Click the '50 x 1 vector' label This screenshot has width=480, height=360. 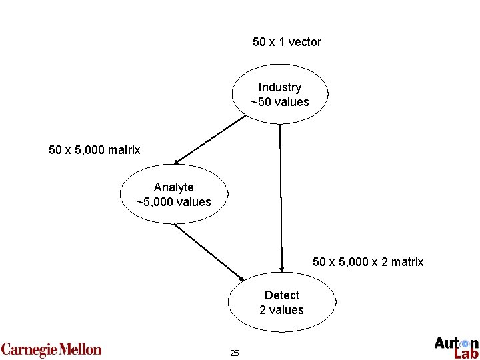click(287, 42)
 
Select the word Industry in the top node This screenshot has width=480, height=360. click(280, 87)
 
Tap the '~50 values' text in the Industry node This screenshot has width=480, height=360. click(280, 102)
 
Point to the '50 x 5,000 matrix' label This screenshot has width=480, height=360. click(95, 150)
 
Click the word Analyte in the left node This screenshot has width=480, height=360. click(173, 187)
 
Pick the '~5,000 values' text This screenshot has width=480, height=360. click(173, 202)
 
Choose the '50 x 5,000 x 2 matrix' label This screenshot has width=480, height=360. click(368, 262)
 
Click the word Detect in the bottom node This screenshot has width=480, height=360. click(281, 295)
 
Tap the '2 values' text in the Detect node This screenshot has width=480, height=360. click(281, 310)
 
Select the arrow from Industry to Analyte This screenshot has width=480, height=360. click(210, 139)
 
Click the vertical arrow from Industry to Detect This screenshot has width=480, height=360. click(281, 200)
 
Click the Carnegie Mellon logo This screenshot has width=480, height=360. click(51, 349)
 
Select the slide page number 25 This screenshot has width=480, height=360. click(234, 353)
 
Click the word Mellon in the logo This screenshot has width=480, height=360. click(80, 349)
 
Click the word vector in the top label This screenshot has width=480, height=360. click(305, 42)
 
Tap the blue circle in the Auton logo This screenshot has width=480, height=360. click(465, 343)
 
